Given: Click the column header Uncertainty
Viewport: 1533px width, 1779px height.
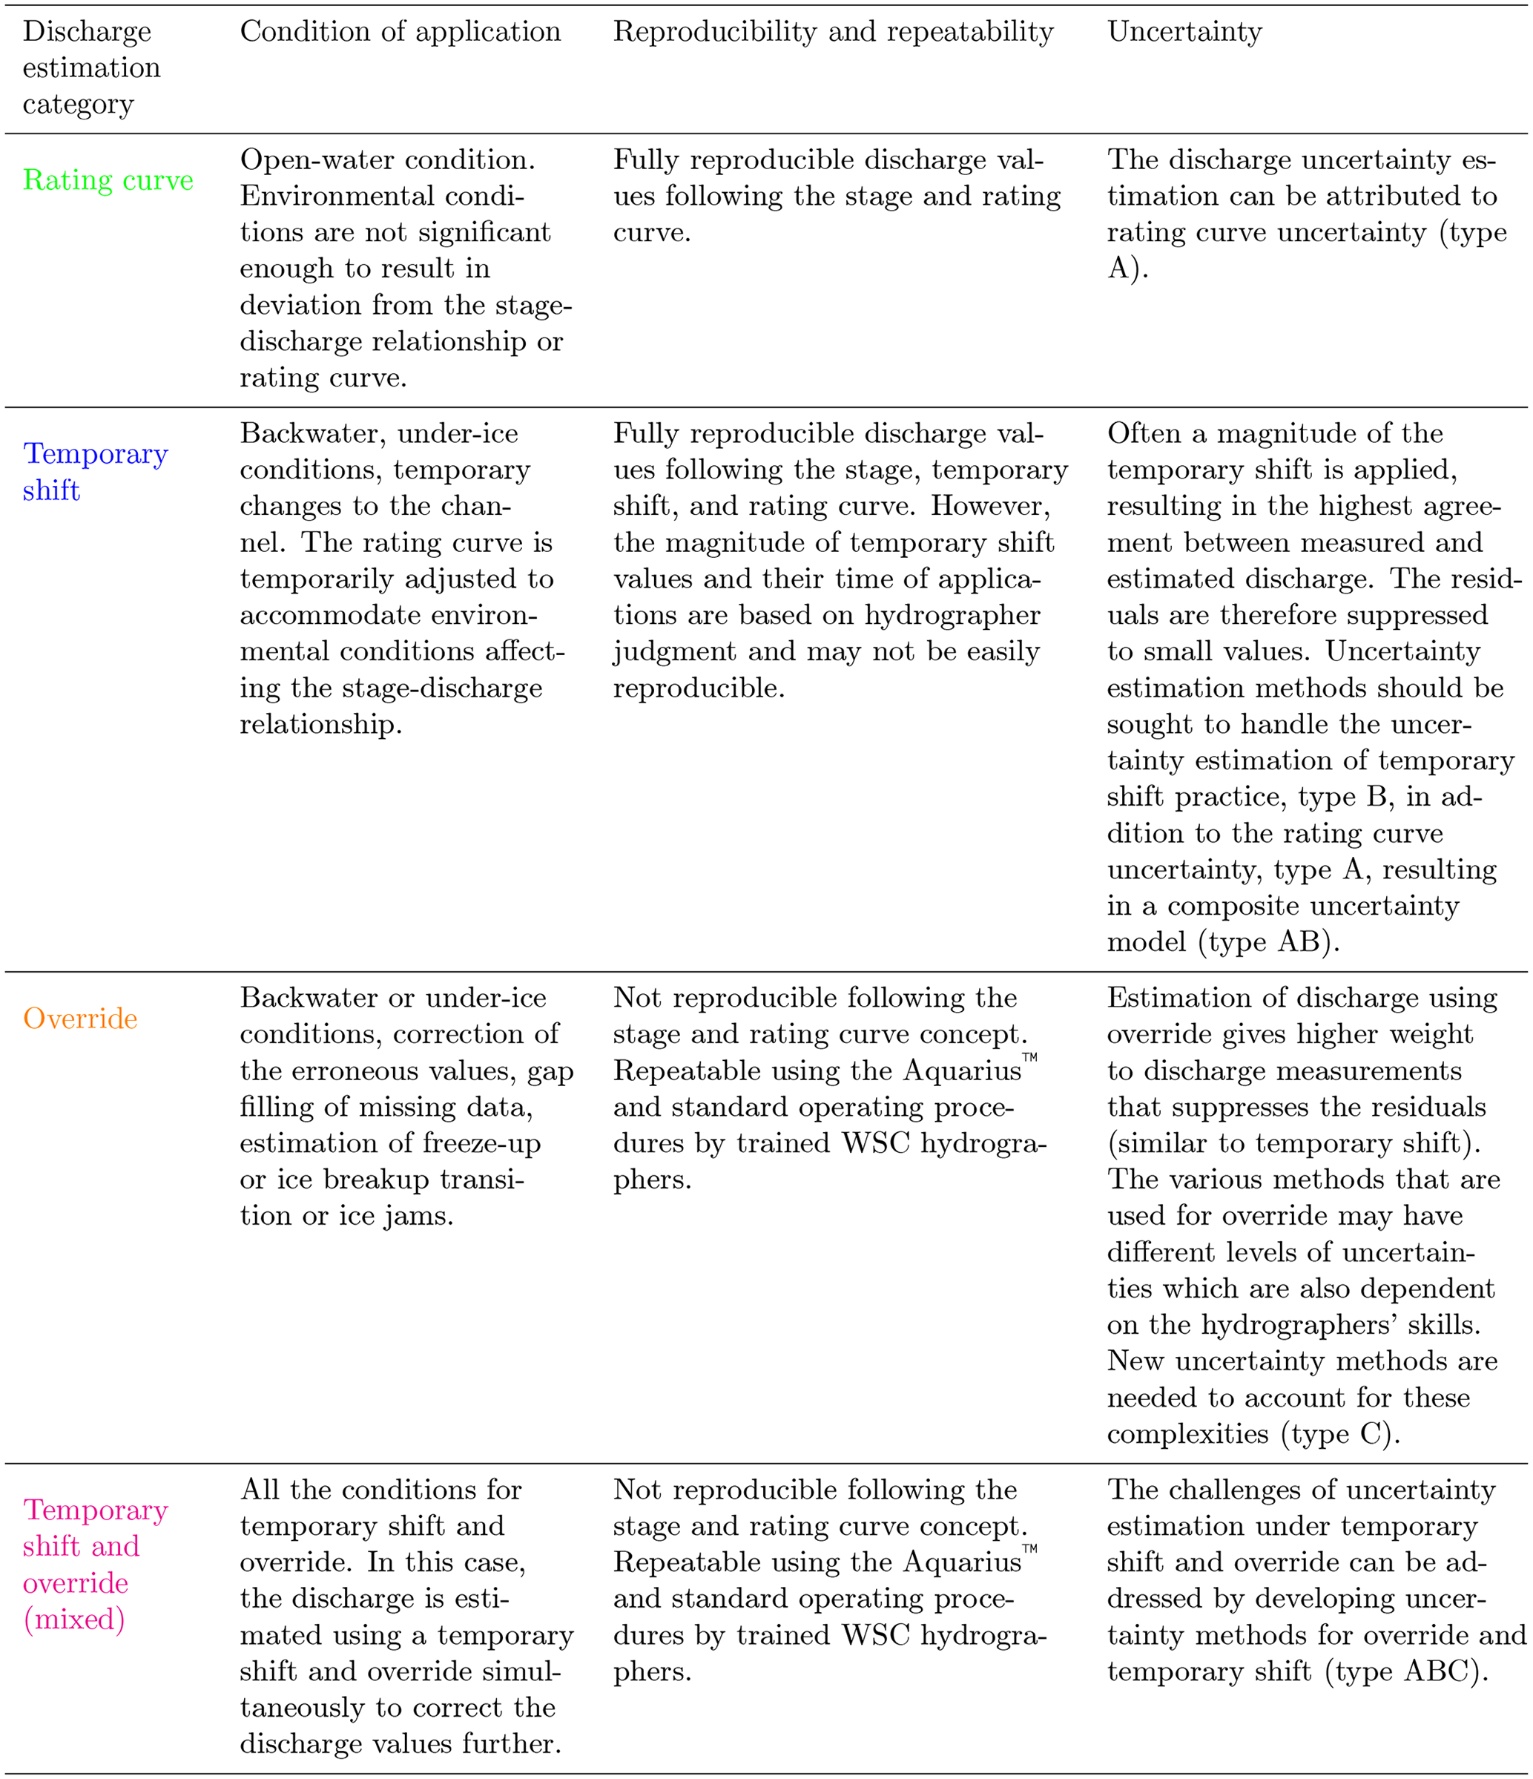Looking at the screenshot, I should pos(1184,32).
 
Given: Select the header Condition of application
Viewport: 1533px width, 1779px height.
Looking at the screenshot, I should pos(400,32).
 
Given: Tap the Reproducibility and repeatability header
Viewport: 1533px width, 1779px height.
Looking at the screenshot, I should pos(833,32).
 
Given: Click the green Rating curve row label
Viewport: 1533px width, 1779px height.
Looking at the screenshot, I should pos(108,180).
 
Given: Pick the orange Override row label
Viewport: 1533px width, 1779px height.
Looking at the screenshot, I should pos(80,1019).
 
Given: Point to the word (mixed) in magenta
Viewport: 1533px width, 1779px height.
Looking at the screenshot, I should pos(74,1619).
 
